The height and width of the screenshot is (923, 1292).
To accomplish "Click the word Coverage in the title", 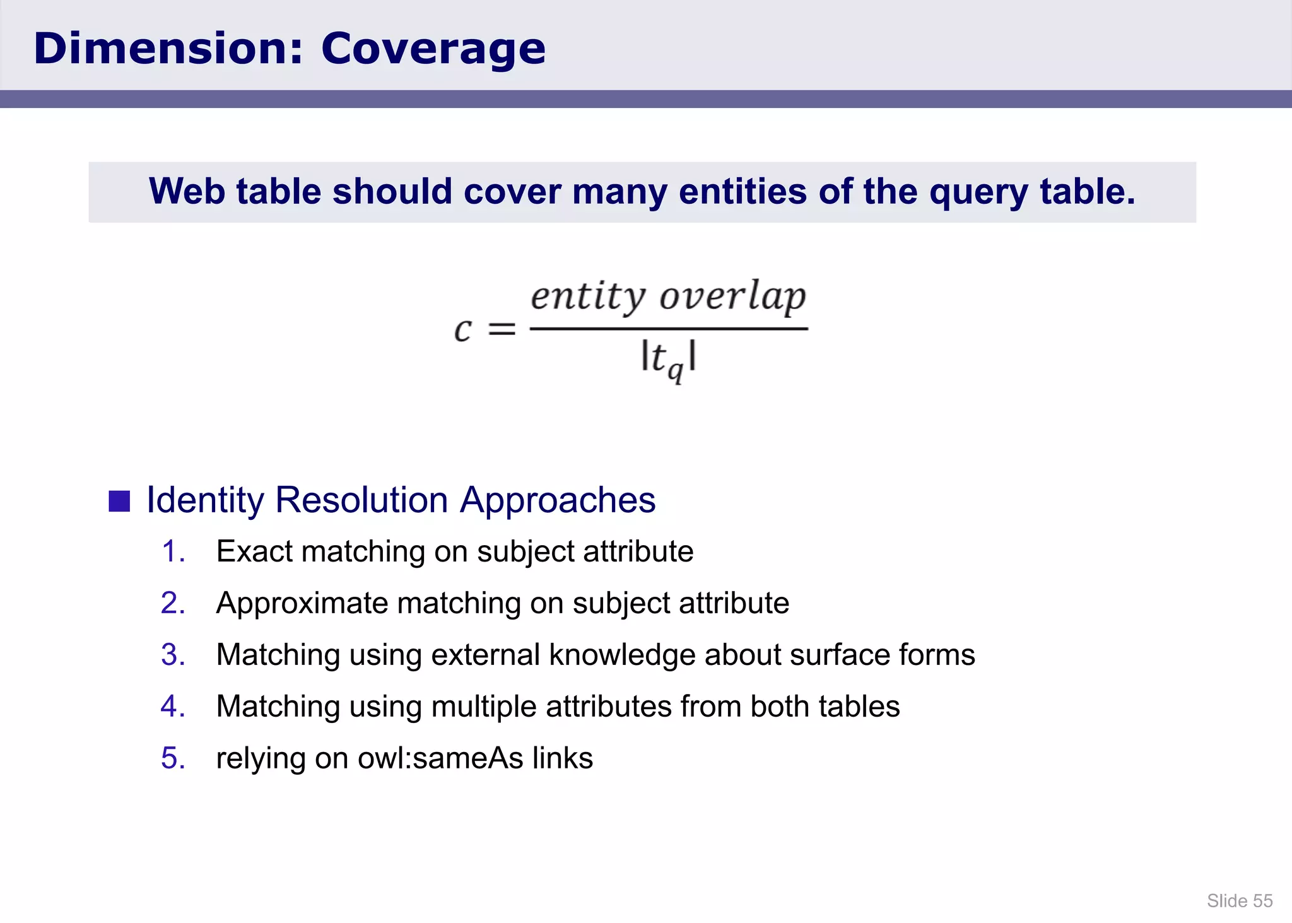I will pyautogui.click(x=433, y=49).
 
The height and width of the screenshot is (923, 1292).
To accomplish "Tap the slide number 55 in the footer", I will pyautogui.click(x=1262, y=901).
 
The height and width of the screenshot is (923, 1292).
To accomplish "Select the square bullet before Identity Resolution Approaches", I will pyautogui.click(x=119, y=502).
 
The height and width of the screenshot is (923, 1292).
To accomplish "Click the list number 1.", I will pyautogui.click(x=172, y=551).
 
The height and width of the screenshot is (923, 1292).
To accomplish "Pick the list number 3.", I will pyautogui.click(x=172, y=655).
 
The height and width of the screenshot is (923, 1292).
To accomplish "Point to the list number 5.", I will pyautogui.click(x=172, y=758).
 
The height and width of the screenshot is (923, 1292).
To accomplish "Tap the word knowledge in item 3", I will pyautogui.click(x=621, y=655).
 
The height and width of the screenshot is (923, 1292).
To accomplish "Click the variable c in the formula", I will pyautogui.click(x=462, y=330).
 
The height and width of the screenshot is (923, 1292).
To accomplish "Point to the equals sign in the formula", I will pyautogui.click(x=502, y=329).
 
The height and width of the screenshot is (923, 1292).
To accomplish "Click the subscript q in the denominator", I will pyautogui.click(x=676, y=372).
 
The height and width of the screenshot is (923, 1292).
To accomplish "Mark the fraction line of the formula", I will pyautogui.click(x=669, y=329).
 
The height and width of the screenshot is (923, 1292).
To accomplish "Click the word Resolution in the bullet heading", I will pyautogui.click(x=361, y=500).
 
